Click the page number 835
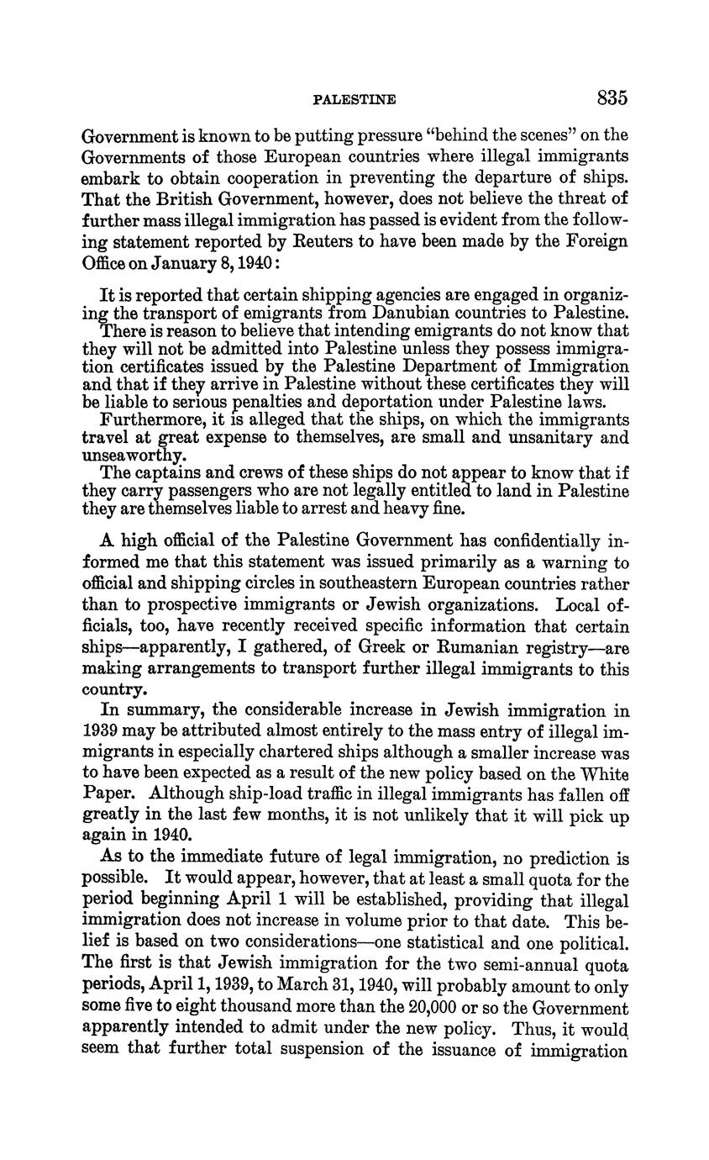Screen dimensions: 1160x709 click(x=612, y=98)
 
